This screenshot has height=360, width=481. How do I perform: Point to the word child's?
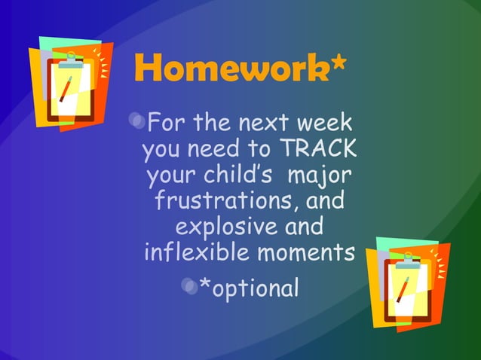237,175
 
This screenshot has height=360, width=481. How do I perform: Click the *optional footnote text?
248,287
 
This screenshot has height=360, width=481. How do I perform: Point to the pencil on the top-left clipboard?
66,90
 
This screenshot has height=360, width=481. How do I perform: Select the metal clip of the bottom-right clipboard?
408,256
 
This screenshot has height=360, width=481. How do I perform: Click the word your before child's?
172,177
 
